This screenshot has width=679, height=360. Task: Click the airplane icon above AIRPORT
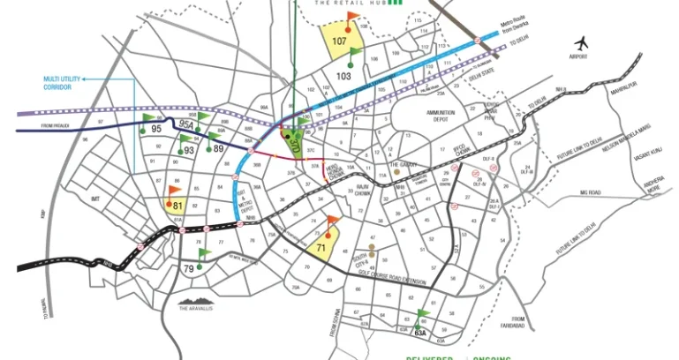(581, 41)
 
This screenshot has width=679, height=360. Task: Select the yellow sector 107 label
(340, 41)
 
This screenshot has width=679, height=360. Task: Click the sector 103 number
(344, 76)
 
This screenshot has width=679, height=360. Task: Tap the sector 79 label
(188, 267)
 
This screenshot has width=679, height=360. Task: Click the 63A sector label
(420, 334)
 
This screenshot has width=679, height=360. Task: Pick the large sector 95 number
(157, 129)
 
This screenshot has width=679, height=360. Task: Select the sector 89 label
(217, 148)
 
